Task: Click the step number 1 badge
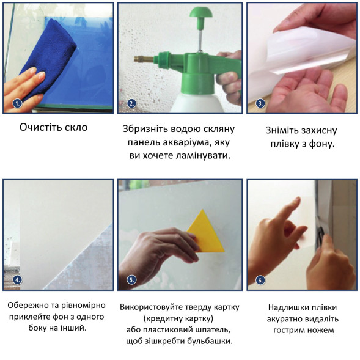click(x=17, y=103)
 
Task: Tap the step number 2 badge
click(x=131, y=103)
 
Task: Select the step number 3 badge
click(x=260, y=103)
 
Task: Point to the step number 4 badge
click(x=17, y=280)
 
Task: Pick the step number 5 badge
click(x=131, y=280)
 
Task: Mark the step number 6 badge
click(x=260, y=281)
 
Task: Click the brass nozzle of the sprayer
click(x=144, y=59)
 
